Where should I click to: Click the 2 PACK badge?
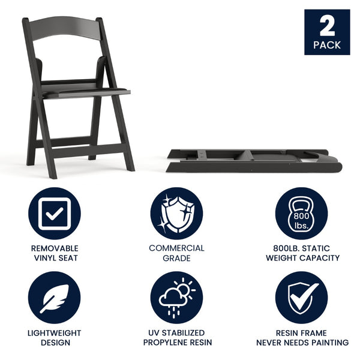(x=327, y=32)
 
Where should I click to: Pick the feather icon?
(x=55, y=298)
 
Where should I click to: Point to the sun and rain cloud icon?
(x=177, y=298)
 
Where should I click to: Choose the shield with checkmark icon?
(x=302, y=298)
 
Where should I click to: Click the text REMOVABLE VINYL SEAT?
(x=55, y=253)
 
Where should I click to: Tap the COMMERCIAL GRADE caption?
(x=177, y=253)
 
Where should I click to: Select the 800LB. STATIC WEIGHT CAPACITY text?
(x=302, y=253)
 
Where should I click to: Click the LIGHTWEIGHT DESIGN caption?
(x=55, y=338)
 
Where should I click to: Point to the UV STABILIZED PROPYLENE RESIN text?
(x=177, y=338)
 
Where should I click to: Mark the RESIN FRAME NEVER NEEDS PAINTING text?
(x=302, y=338)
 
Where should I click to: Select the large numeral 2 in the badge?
(x=327, y=26)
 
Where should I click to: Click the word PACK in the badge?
(x=327, y=45)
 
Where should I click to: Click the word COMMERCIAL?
(x=177, y=248)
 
